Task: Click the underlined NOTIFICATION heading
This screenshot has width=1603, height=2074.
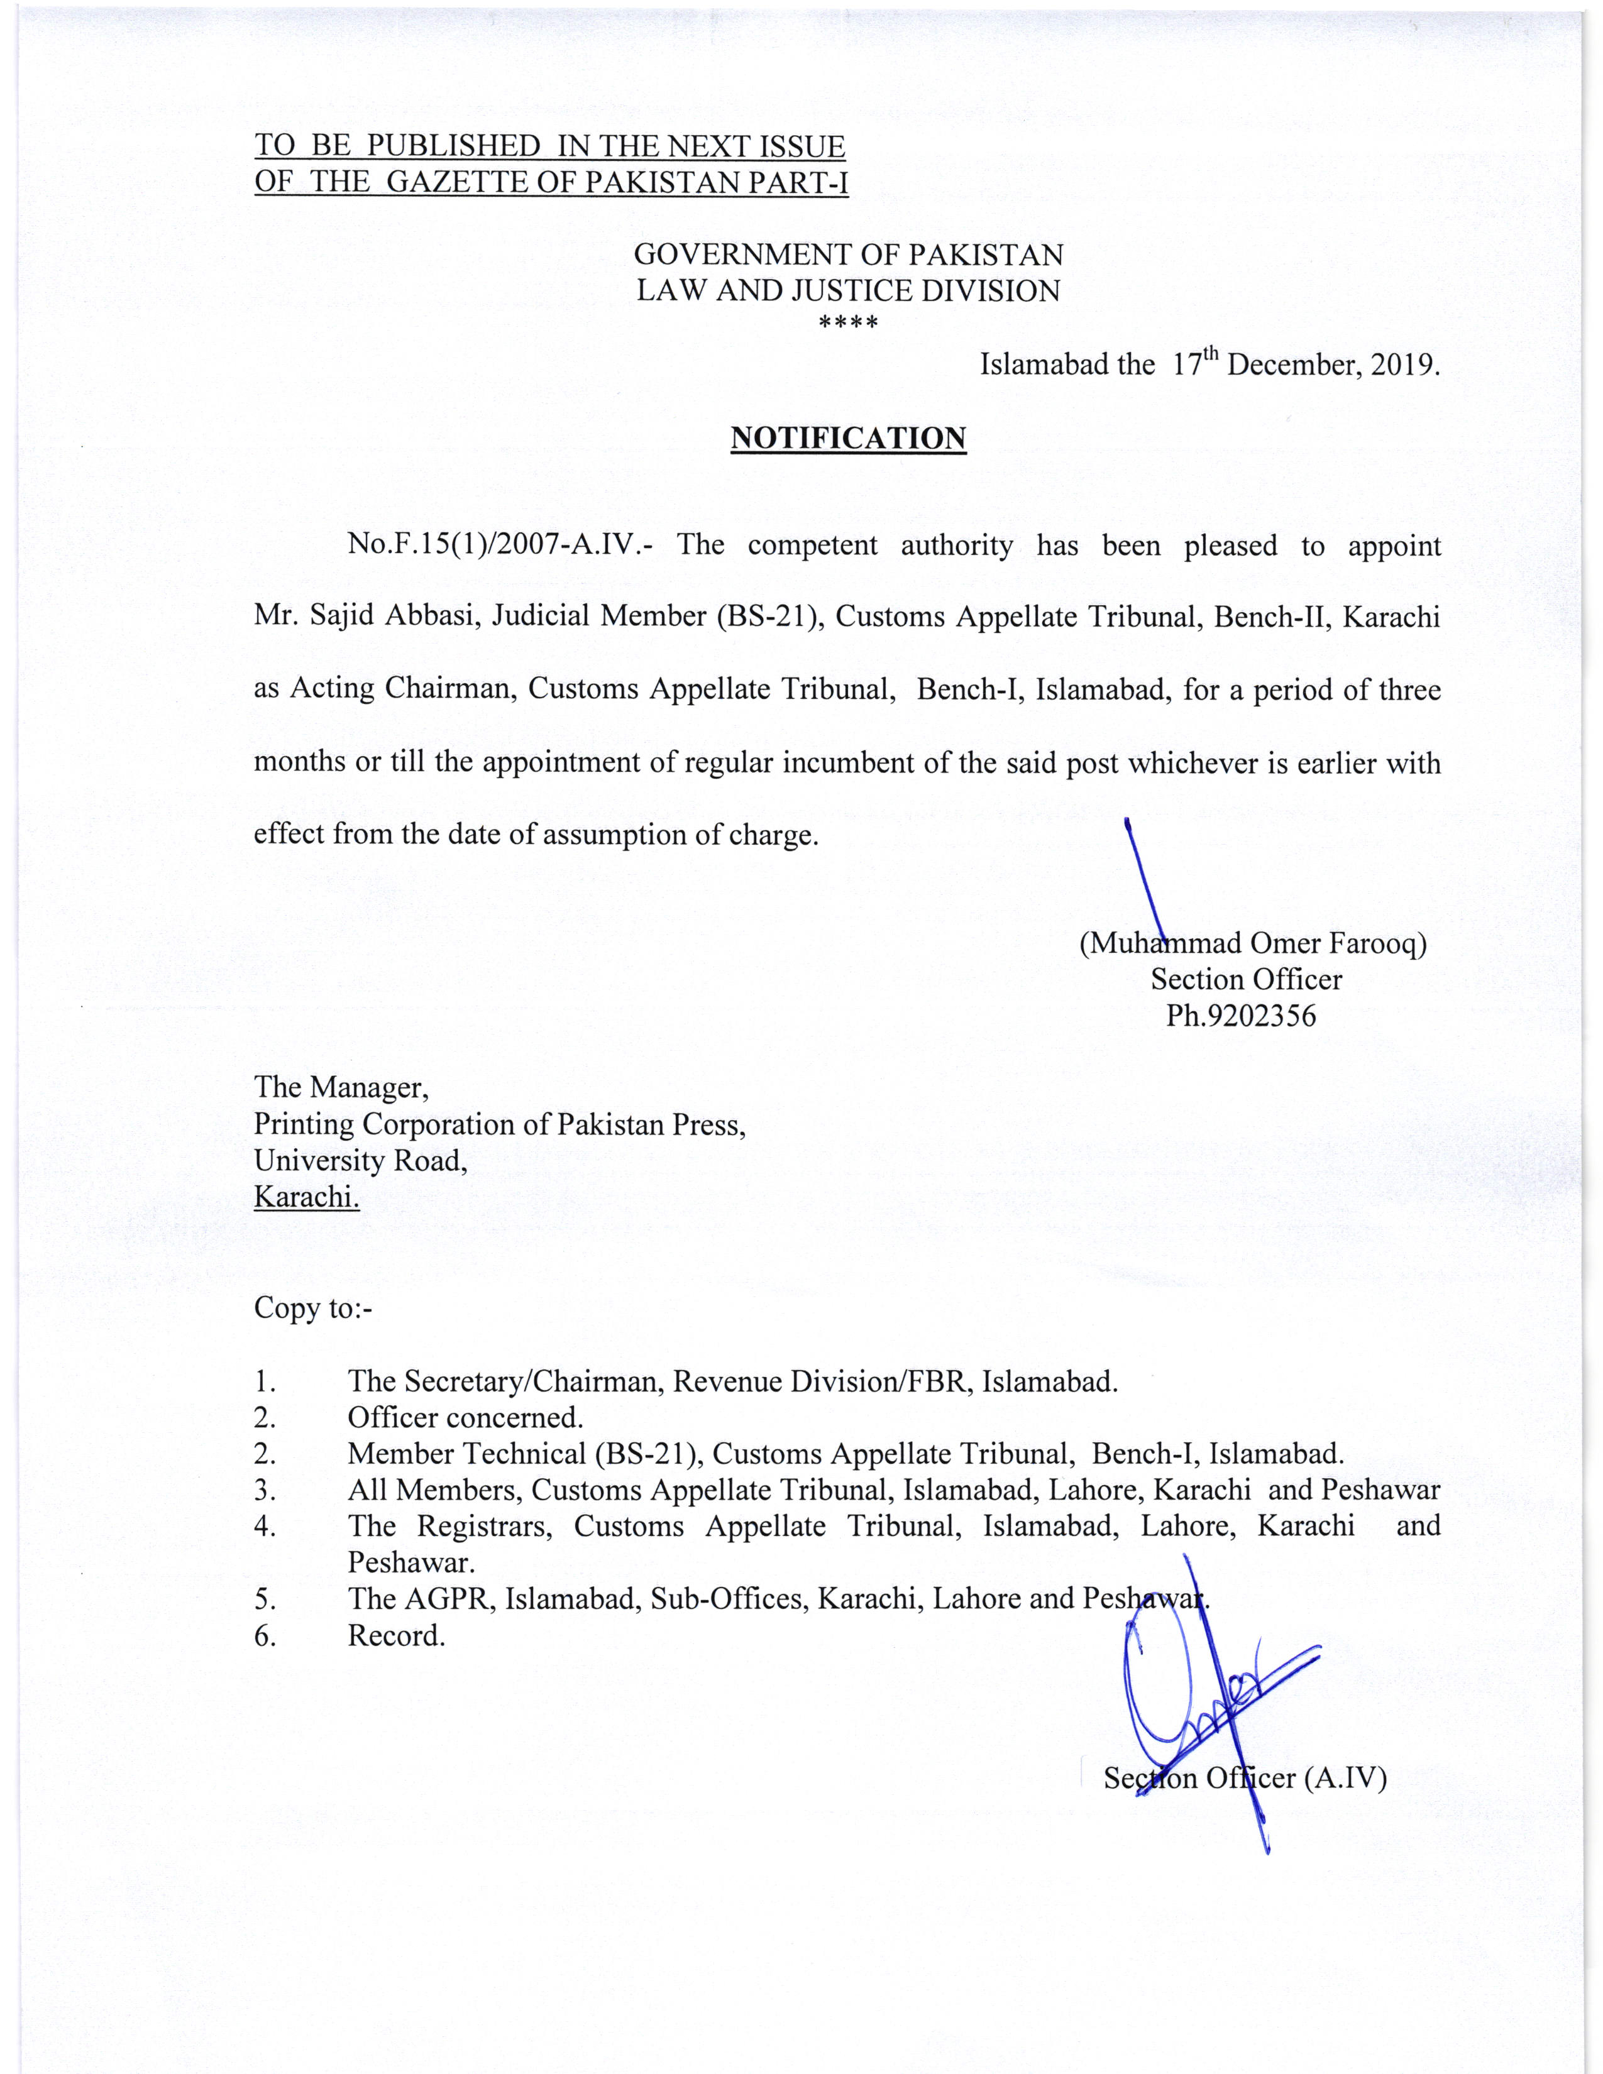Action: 848,438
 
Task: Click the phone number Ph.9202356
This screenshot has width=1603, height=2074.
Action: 1240,1016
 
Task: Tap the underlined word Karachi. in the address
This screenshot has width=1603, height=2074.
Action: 306,1197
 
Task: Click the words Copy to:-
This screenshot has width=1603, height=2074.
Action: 312,1308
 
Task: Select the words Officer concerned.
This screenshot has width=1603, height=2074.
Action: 465,1418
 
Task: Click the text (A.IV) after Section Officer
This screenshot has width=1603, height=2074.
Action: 1346,1778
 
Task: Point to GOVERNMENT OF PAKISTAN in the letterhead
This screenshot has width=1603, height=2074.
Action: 848,255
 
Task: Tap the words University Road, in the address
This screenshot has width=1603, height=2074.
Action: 360,1160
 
